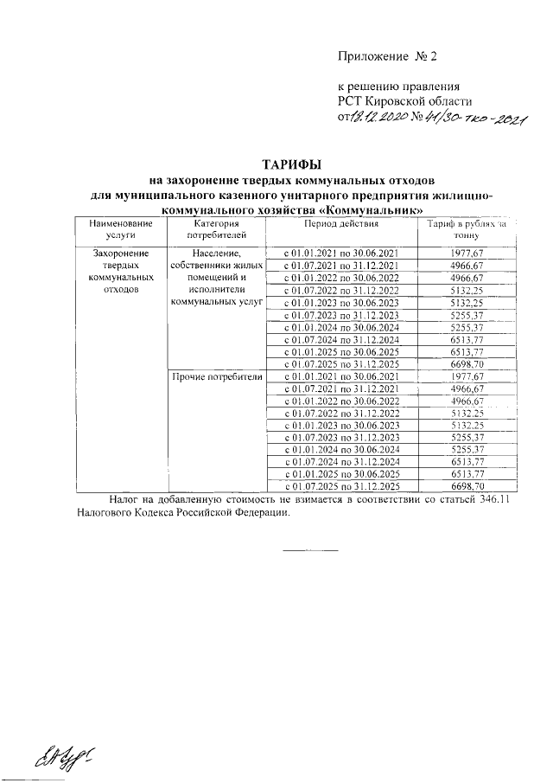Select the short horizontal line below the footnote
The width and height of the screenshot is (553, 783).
310,550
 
